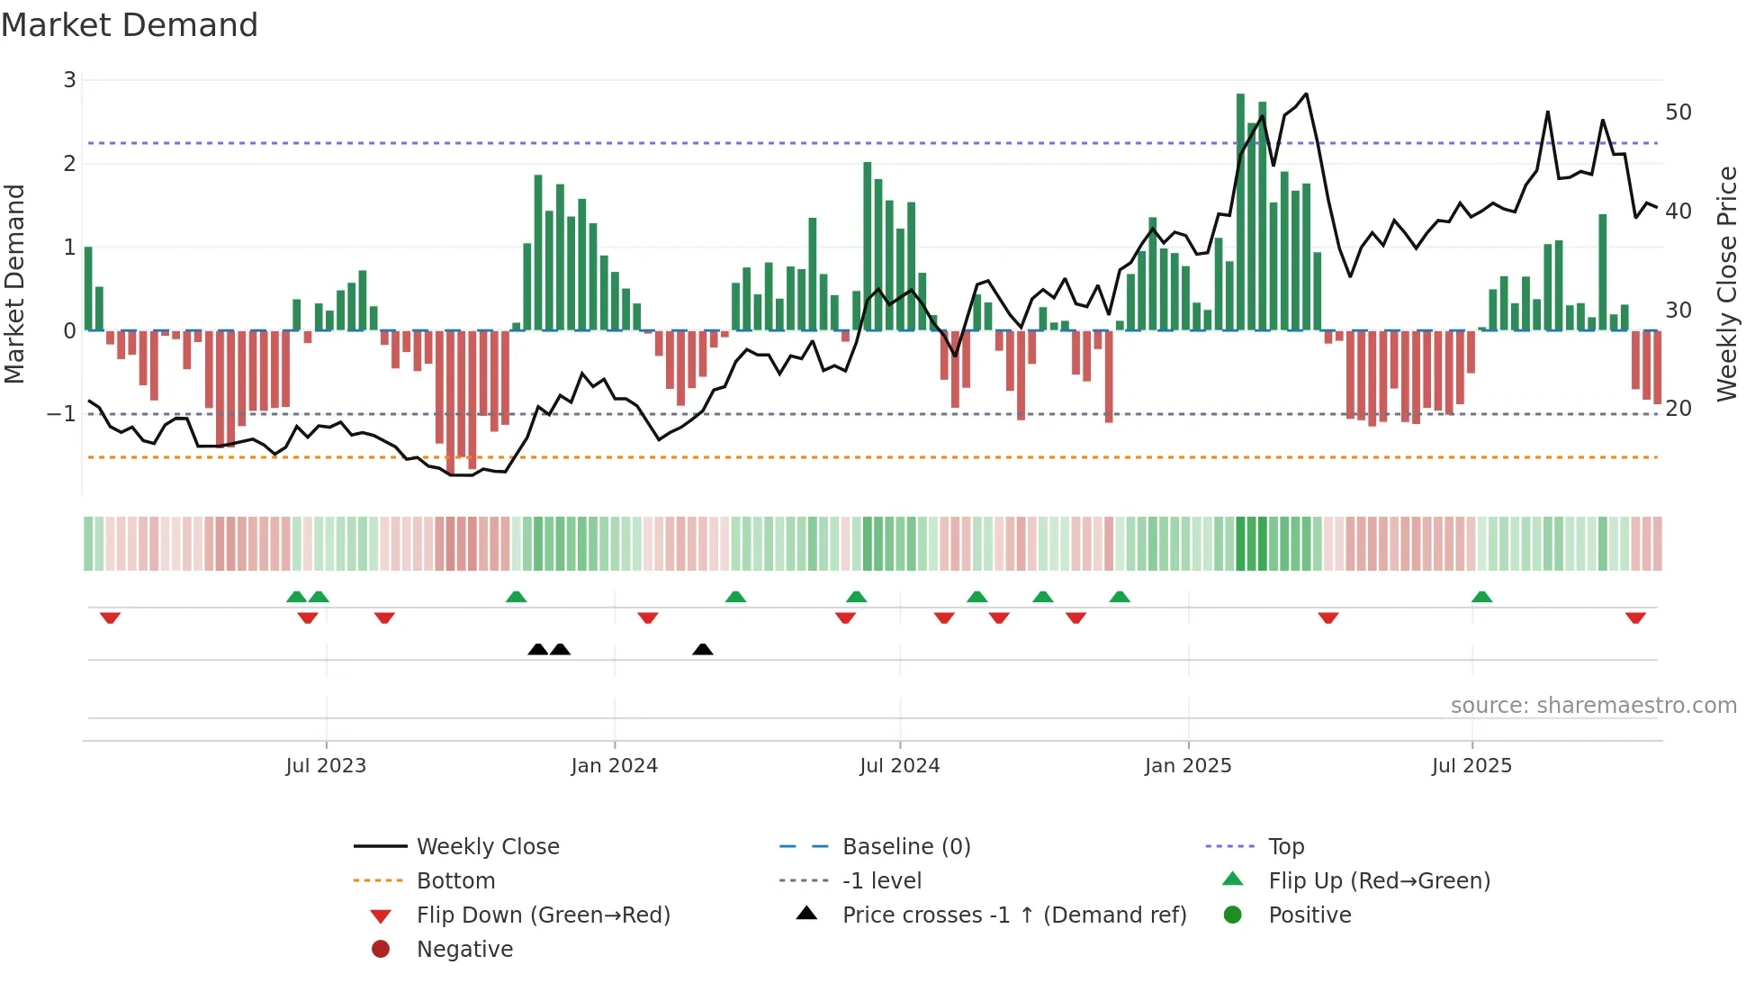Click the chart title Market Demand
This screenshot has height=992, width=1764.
click(130, 25)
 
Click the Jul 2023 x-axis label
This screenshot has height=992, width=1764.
click(326, 766)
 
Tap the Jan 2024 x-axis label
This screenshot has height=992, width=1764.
click(614, 766)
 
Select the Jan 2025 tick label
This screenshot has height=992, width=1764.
click(1187, 766)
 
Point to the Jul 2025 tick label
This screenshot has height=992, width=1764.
click(1471, 766)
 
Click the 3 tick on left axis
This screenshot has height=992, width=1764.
click(69, 80)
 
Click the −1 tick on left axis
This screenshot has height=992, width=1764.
click(61, 414)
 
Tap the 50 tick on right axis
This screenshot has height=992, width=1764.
click(1678, 113)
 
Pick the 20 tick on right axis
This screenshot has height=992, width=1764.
click(1678, 409)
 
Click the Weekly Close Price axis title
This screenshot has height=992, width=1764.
click(1726, 284)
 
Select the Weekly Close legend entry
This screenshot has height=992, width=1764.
click(487, 847)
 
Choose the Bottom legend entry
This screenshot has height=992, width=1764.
click(455, 881)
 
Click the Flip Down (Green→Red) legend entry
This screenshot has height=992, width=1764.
click(543, 915)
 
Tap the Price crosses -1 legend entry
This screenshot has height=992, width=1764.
click(1013, 915)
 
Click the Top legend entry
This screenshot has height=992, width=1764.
click(1285, 847)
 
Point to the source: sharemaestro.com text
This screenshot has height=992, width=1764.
click(1593, 706)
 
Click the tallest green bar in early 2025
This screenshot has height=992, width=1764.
click(1240, 212)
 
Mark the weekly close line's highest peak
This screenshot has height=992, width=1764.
click(1306, 94)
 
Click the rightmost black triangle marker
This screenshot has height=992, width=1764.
click(703, 649)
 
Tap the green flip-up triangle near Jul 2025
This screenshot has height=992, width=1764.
click(1481, 597)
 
